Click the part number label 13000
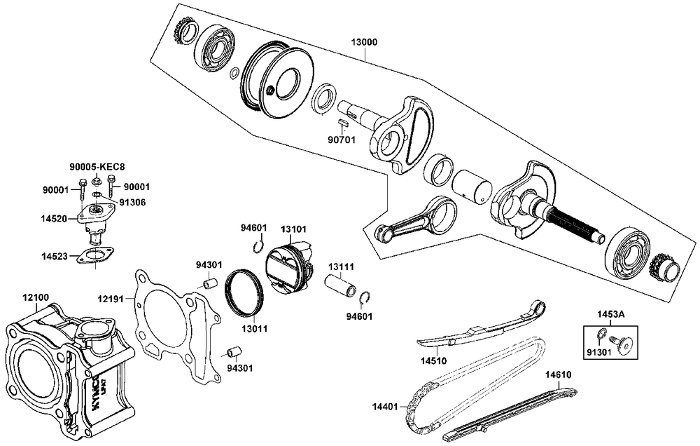tap(364, 42)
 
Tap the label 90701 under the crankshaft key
tap(342, 139)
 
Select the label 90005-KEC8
tap(97, 167)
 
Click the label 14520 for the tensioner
tap(54, 219)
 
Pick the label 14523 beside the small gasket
tap(54, 257)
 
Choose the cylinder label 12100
tap(36, 297)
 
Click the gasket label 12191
tap(111, 299)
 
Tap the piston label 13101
tap(294, 229)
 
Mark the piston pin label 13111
tap(342, 266)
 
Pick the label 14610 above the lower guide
tap(558, 374)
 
